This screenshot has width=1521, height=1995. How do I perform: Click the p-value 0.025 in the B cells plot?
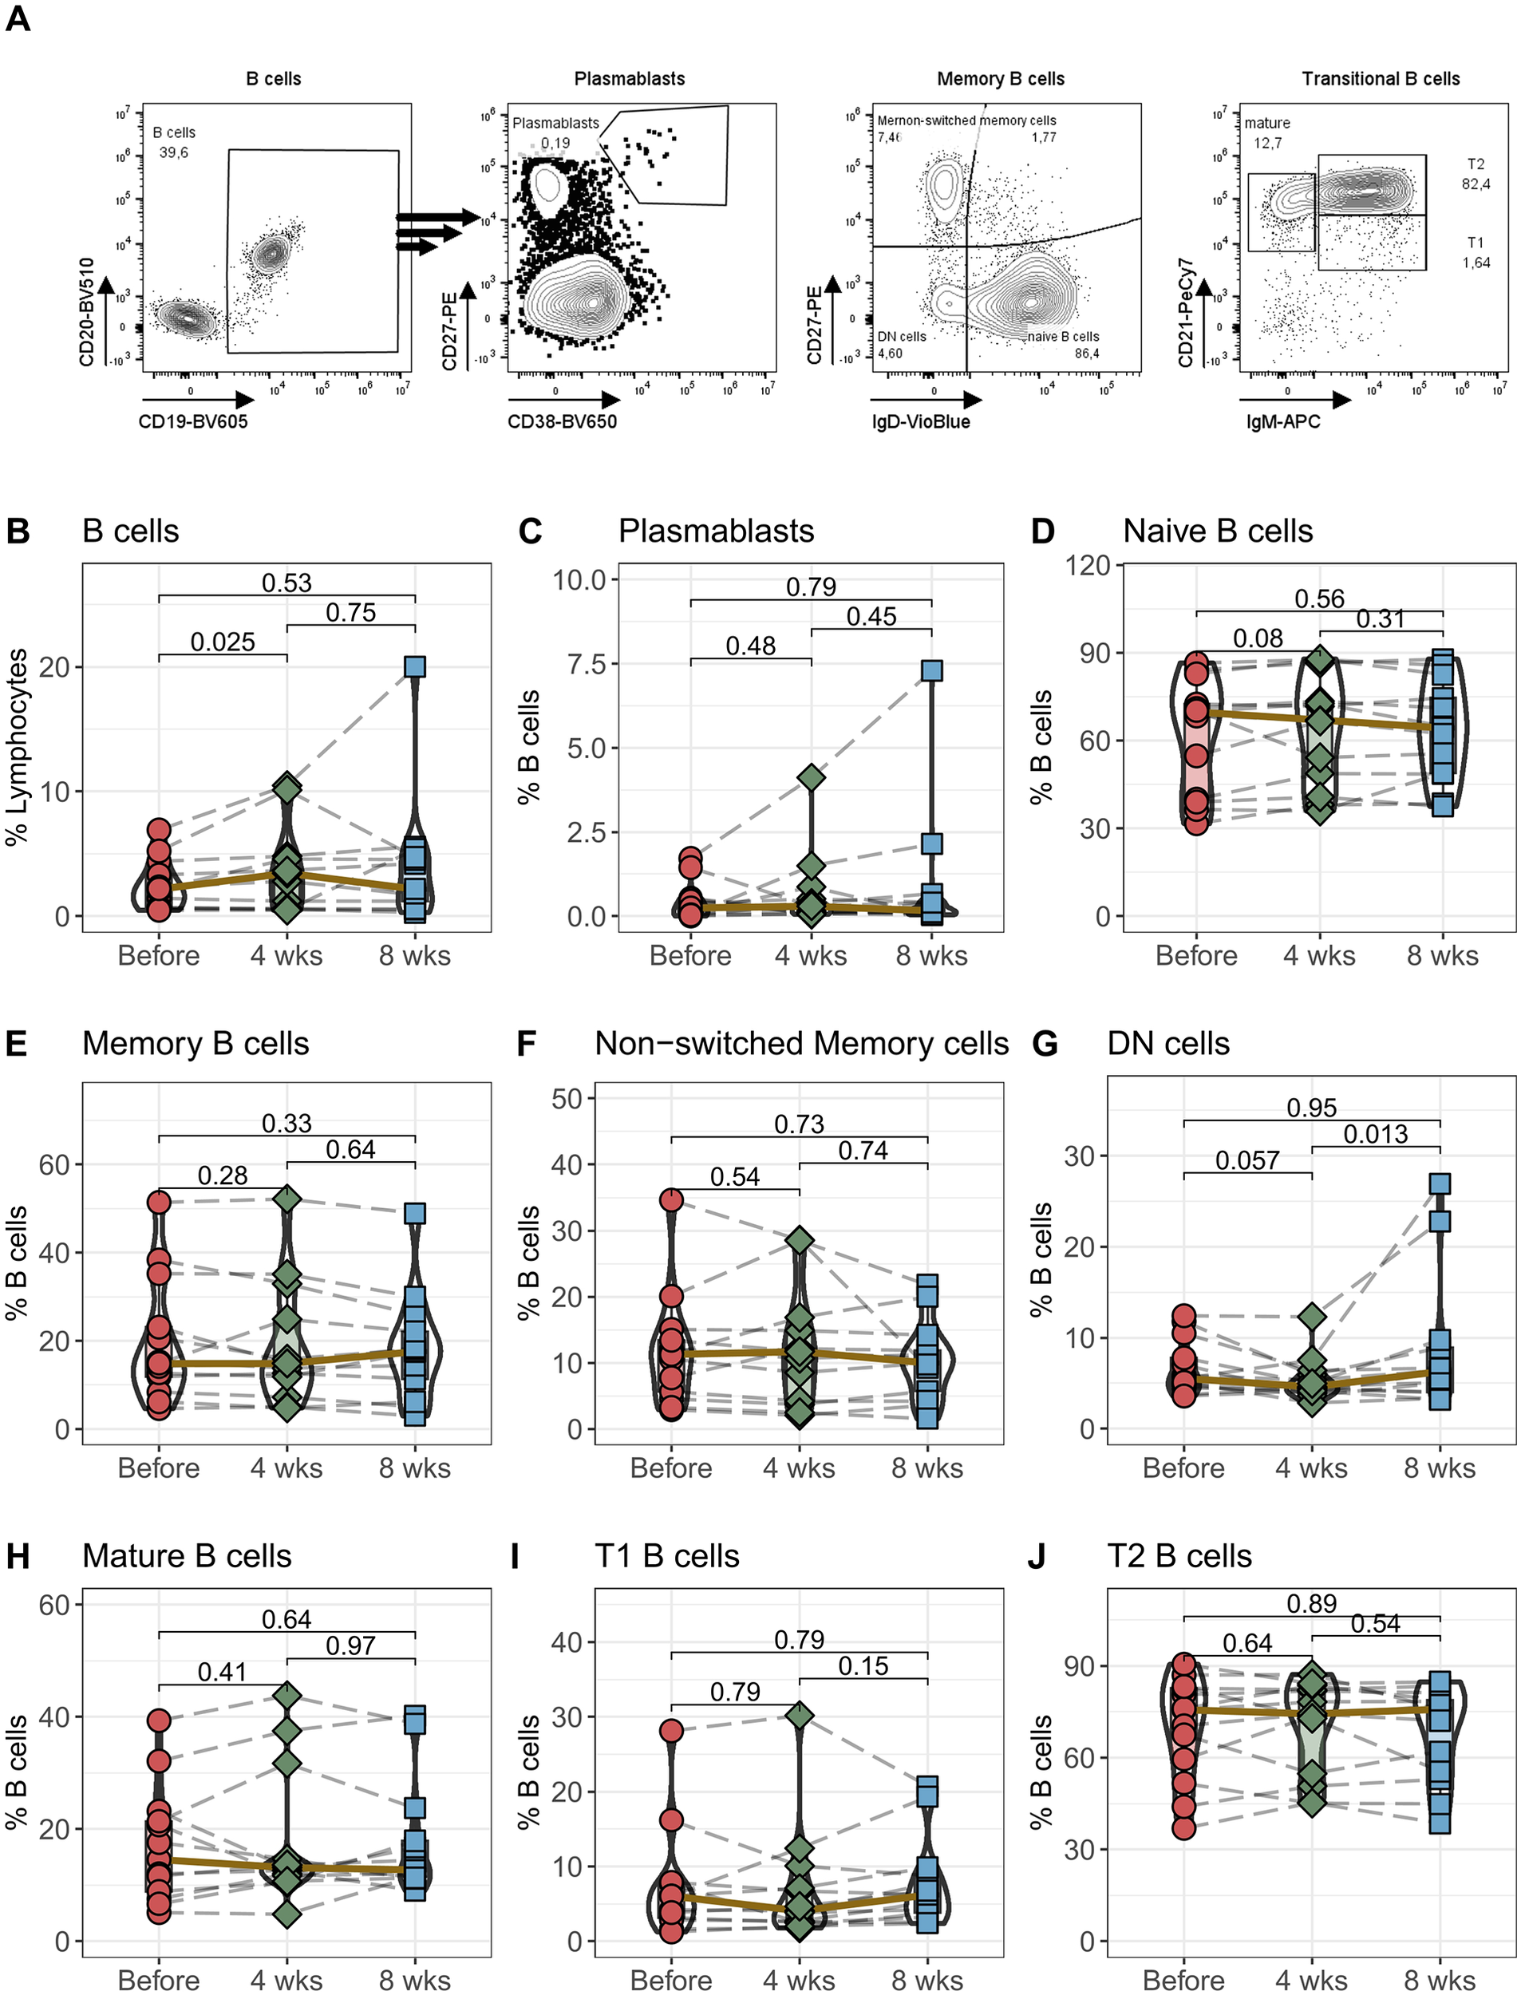222,642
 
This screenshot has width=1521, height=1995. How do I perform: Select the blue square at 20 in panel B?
415,666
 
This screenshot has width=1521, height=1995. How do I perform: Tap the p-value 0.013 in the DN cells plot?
1375,1134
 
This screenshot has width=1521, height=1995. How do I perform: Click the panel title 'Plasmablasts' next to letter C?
716,531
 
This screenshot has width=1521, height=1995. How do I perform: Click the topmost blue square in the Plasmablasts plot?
931,670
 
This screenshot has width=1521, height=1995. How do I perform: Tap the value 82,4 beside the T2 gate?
1476,184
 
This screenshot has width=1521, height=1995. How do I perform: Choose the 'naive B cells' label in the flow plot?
1063,337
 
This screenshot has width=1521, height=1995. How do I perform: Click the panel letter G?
1045,1044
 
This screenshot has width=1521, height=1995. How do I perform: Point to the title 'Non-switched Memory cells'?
801,1044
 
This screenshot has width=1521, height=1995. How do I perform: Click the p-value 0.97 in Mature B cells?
350,1645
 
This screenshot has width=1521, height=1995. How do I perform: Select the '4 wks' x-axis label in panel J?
1311,1980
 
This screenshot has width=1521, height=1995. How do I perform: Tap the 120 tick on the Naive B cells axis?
1088,566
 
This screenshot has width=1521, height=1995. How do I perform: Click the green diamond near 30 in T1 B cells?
800,1716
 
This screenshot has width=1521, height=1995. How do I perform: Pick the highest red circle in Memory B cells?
160,1202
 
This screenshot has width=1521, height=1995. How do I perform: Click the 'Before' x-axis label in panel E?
159,1468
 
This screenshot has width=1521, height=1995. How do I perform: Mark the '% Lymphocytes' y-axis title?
18,747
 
